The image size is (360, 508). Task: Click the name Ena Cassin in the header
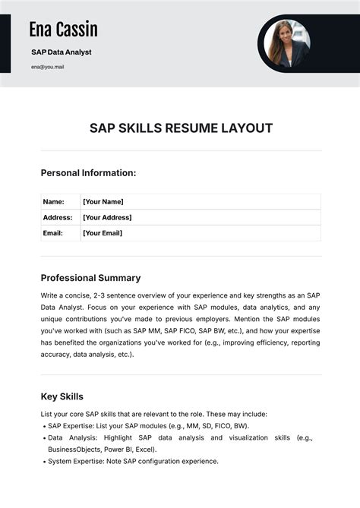64,30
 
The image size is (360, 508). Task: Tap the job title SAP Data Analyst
62,52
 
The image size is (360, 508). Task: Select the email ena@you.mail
48,67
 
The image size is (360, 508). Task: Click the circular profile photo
284,44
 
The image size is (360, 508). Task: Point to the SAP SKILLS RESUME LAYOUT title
181,128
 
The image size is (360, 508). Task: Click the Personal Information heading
88,173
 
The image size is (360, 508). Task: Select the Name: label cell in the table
53,202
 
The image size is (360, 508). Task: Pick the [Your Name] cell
103,202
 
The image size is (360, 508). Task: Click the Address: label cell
57,218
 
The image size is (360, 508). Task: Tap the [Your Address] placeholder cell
107,218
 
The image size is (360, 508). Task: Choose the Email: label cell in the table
53,233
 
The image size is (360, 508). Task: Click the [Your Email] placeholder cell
103,233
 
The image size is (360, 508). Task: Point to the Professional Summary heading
90,278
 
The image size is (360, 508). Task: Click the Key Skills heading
62,396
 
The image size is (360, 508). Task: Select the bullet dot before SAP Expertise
43,427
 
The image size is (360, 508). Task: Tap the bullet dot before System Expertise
43,462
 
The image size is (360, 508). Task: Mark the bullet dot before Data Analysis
43,438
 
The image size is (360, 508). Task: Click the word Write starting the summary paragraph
51,295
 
